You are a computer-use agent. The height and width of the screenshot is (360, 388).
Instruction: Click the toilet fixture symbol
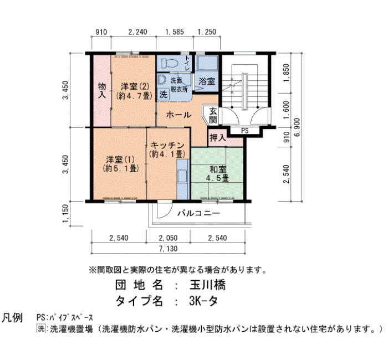[170, 64]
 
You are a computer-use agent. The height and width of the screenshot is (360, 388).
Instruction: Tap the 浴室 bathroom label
[207, 81]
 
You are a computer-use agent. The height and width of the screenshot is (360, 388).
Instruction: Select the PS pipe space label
[245, 131]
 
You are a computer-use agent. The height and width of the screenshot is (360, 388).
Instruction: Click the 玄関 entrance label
[213, 115]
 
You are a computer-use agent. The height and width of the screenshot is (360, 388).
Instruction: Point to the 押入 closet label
[218, 137]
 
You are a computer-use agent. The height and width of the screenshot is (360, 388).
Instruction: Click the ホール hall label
[178, 115]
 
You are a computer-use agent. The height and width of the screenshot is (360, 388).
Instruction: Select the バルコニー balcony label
[198, 213]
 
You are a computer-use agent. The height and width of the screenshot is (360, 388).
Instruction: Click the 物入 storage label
[102, 90]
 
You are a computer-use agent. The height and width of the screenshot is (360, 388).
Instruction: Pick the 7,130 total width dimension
[169, 249]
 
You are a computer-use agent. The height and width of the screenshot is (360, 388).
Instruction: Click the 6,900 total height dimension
[297, 127]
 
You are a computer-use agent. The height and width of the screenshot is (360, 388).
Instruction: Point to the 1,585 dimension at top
[175, 32]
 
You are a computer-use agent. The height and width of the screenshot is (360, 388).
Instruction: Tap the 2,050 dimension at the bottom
[169, 238]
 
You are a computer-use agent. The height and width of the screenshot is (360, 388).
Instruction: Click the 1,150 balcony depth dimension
[65, 213]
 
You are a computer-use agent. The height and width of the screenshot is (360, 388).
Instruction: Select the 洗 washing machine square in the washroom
[164, 95]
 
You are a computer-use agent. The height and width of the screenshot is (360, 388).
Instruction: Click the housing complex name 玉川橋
[207, 285]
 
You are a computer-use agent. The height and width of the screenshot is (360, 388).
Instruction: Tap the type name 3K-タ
[203, 301]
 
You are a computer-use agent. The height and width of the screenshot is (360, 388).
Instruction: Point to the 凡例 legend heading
[12, 318]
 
